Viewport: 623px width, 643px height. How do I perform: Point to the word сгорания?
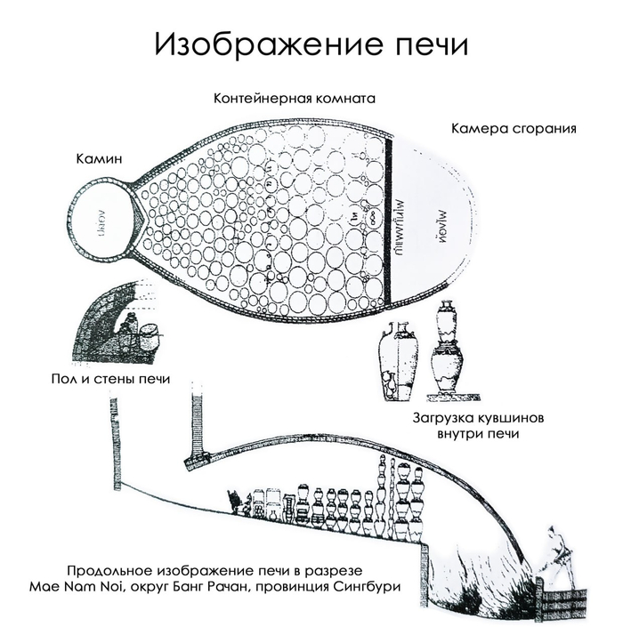coord(545,127)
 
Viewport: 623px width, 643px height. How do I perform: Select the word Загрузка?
coord(448,418)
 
